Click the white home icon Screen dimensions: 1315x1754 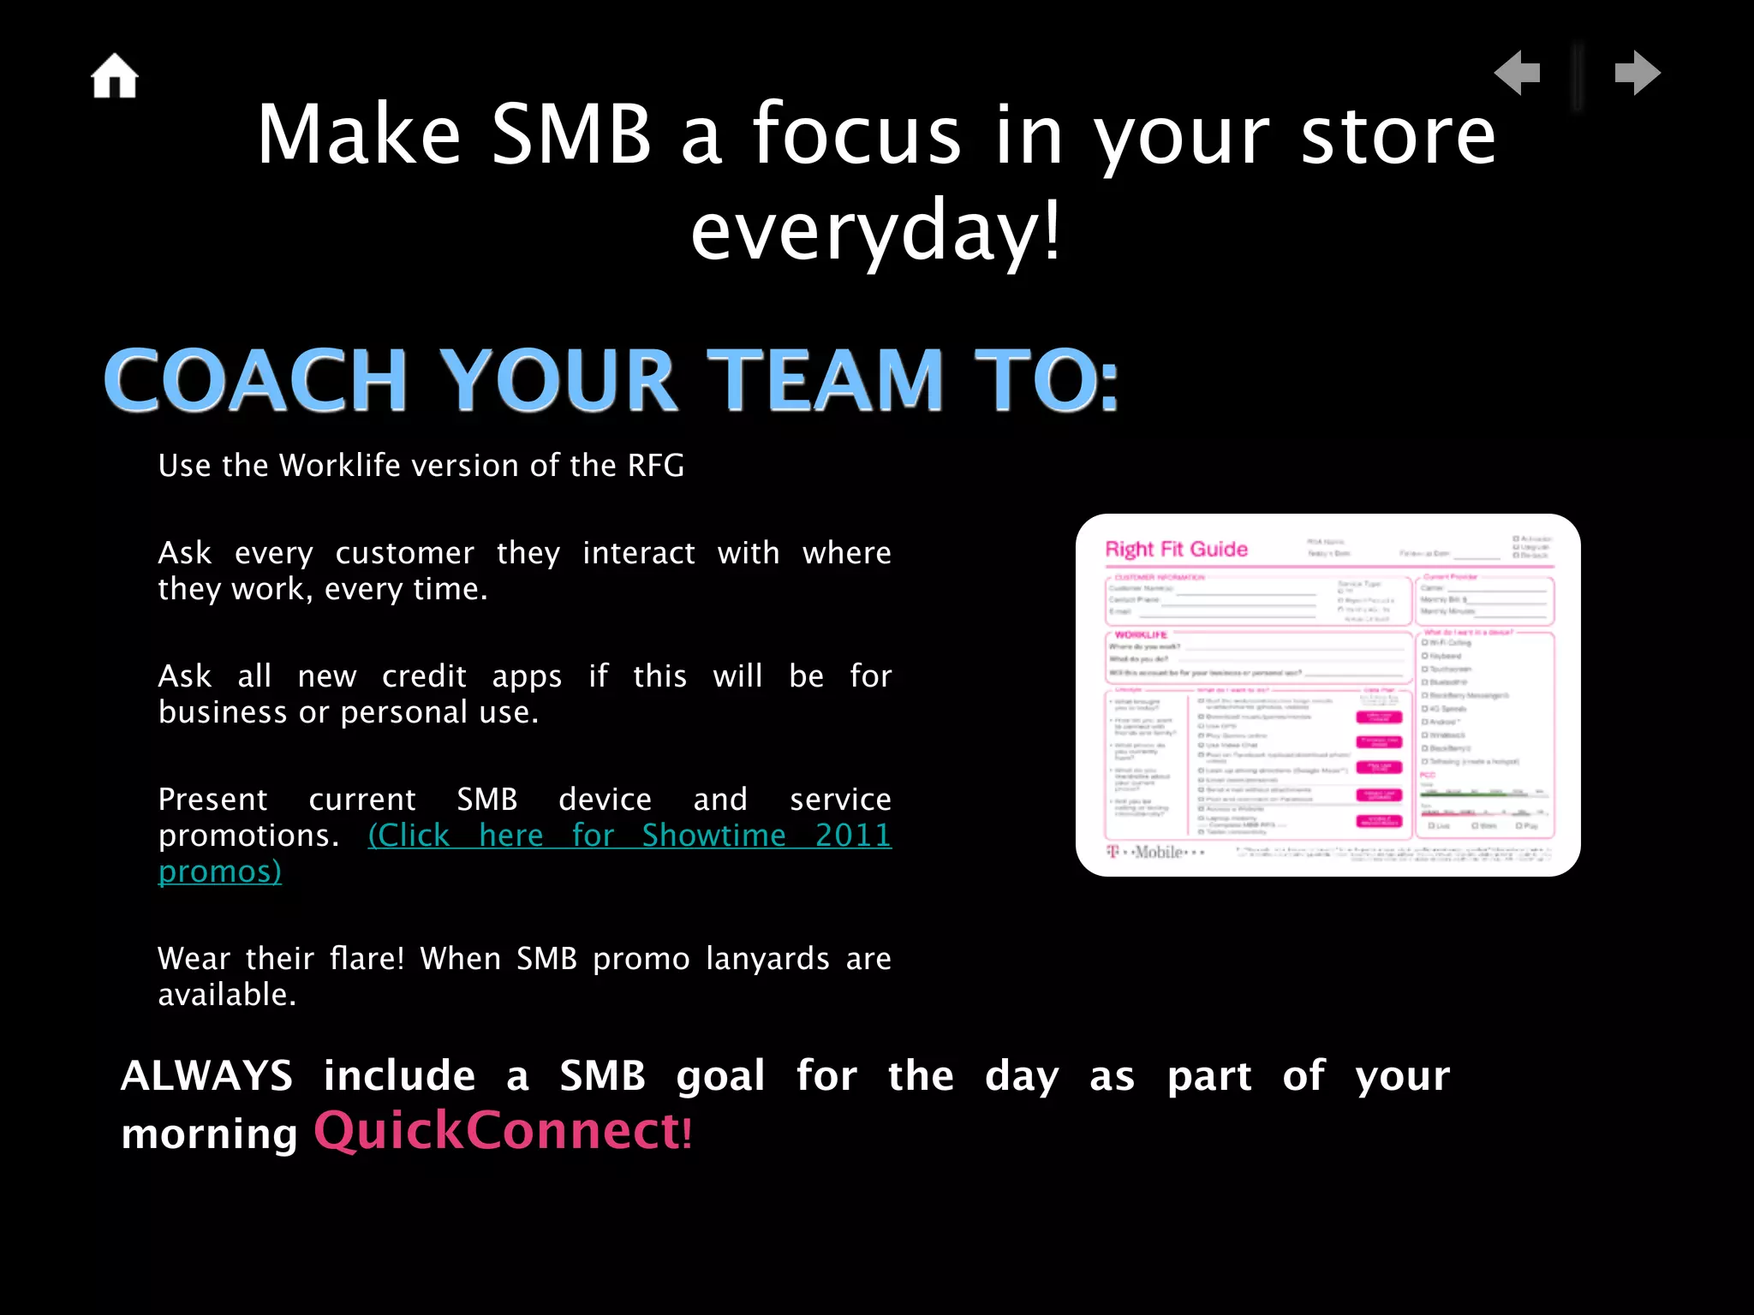click(115, 76)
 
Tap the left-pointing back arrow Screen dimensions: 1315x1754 click(1518, 73)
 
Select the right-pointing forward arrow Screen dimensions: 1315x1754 click(1637, 73)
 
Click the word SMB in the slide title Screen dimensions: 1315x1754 click(571, 134)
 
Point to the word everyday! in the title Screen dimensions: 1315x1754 click(876, 230)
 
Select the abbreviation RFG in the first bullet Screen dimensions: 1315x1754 click(655, 466)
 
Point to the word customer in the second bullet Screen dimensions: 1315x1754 click(404, 553)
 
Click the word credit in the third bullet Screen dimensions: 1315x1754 click(424, 676)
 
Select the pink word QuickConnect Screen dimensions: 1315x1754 click(497, 1130)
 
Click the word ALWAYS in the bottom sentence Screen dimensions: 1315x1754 click(207, 1076)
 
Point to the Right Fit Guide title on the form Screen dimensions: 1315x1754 click(1176, 550)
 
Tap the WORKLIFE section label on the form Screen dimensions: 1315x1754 click(1141, 634)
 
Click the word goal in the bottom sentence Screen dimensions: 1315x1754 click(719, 1076)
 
